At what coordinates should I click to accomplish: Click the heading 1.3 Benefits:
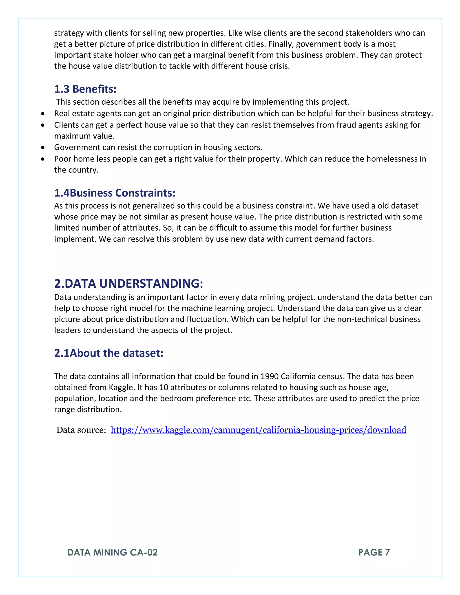point(85,89)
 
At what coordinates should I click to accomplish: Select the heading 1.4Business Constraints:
point(115,193)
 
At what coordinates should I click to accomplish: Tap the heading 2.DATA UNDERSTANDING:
point(128,283)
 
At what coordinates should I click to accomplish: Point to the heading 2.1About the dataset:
point(108,353)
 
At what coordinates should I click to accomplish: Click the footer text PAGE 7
point(374,552)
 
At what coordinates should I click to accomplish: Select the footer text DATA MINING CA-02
point(112,552)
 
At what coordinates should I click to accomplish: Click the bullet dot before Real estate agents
point(43,114)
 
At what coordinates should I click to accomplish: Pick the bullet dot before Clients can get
point(43,125)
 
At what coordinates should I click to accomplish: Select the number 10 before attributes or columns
point(164,387)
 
